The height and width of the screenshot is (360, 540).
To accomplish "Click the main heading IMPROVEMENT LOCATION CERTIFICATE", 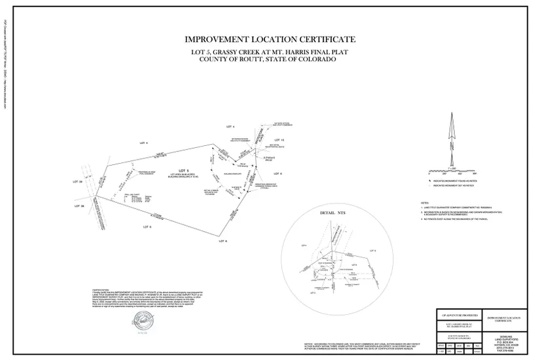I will click(270, 40).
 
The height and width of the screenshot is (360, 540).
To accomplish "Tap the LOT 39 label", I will click(77, 181).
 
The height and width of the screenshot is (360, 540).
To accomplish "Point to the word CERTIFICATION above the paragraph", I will click(100, 289).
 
